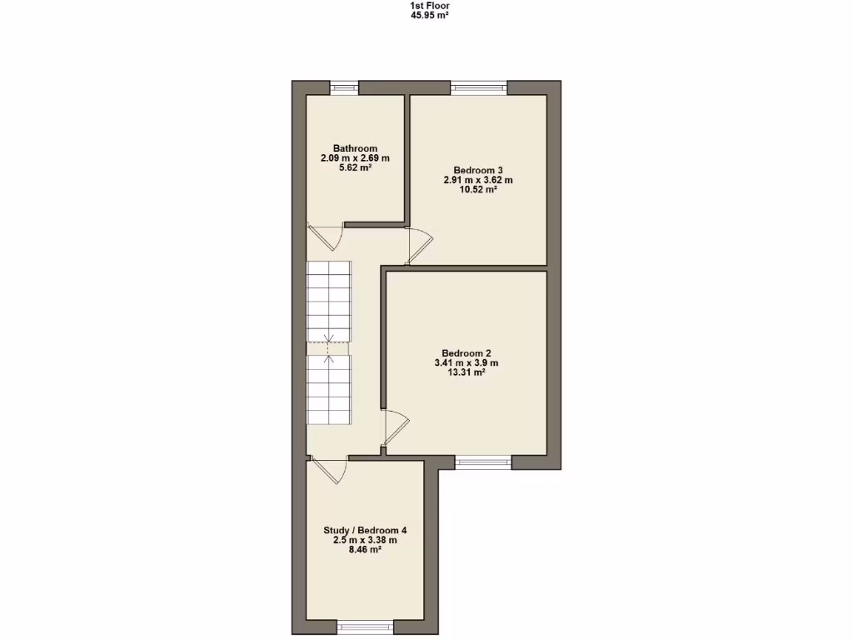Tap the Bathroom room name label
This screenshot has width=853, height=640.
point(355,148)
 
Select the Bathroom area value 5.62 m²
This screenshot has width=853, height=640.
point(355,167)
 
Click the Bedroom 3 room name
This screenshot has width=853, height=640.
point(477,170)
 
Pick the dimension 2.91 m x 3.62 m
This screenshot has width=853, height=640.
point(477,180)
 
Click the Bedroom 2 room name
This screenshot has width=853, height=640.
point(466,352)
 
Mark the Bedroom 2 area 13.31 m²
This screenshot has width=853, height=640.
point(466,372)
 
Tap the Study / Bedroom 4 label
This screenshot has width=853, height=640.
point(365,530)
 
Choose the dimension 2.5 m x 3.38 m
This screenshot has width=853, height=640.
point(365,540)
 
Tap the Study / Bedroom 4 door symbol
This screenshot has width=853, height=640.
point(330,471)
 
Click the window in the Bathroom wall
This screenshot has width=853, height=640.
point(344,87)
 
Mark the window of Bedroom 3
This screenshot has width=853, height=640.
point(479,87)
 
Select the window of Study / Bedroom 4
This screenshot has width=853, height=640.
point(364,627)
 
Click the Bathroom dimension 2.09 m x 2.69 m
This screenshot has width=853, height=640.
point(355,157)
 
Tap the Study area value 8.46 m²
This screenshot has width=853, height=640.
point(365,550)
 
